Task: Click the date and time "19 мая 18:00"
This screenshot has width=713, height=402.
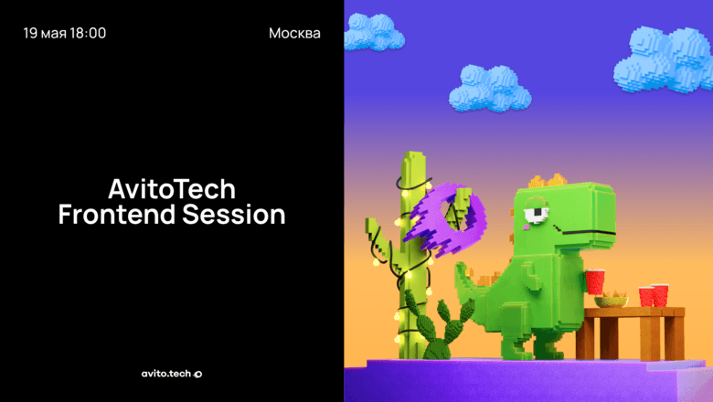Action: point(64,34)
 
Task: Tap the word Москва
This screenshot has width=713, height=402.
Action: point(294,34)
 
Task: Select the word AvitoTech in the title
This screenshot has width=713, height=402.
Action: point(172,189)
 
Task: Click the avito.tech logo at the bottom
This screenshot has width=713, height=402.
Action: point(172,373)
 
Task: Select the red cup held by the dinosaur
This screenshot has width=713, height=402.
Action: point(594,280)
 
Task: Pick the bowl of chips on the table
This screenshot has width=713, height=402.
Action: point(611,300)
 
